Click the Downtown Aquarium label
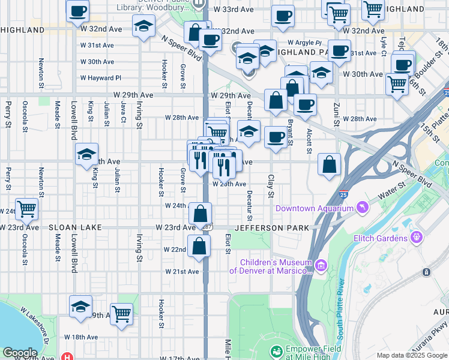[x=314, y=208]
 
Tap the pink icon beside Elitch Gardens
[x=415, y=238]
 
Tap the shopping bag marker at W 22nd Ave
[x=199, y=245]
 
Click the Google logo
[x=20, y=353]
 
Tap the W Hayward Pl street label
[x=101, y=78]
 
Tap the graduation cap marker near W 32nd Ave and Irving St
[x=143, y=26]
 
